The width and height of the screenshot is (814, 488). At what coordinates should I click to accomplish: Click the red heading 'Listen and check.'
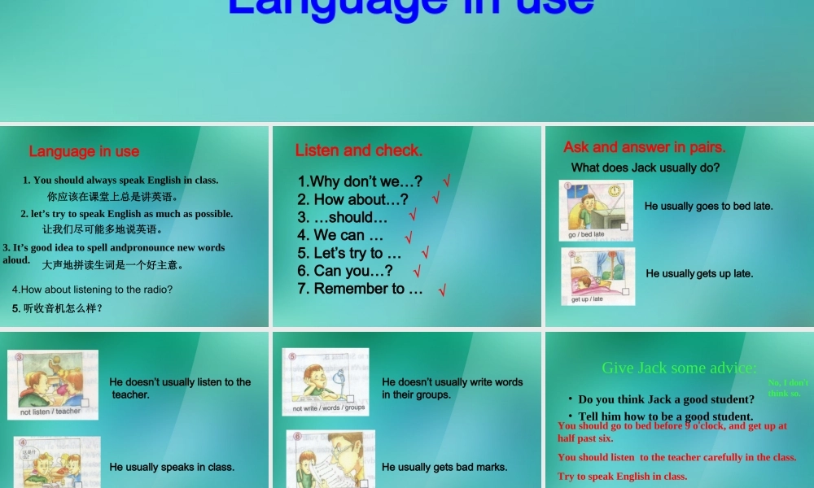click(x=359, y=150)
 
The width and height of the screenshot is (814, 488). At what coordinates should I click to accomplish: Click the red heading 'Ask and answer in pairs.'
click(x=644, y=147)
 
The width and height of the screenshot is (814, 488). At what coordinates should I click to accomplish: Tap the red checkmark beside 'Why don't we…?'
click(x=446, y=181)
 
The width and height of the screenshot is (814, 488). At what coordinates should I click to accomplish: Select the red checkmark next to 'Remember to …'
click(x=442, y=290)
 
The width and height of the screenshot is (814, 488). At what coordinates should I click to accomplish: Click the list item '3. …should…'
click(x=342, y=217)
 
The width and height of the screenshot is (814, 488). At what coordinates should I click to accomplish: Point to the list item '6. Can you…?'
click(x=345, y=271)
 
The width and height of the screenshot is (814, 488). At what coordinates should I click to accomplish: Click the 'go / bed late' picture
click(x=596, y=211)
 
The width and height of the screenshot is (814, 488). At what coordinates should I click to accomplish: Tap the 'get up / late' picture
click(x=597, y=276)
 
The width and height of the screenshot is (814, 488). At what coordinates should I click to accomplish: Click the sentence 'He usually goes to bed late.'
click(x=708, y=207)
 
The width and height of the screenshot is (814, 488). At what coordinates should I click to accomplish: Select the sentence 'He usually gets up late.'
click(x=699, y=274)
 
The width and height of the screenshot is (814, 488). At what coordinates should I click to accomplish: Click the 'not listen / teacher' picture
click(x=53, y=384)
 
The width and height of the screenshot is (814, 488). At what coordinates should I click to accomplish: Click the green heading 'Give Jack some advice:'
click(x=679, y=368)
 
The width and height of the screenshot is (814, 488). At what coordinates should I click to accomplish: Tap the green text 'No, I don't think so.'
click(x=787, y=388)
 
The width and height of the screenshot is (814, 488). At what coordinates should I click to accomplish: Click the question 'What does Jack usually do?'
click(x=646, y=168)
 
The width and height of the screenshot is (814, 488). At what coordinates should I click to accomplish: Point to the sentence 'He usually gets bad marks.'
click(x=444, y=467)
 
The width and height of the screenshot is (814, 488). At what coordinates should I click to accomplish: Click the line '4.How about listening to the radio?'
click(x=92, y=290)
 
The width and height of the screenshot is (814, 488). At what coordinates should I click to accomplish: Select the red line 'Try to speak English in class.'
click(x=622, y=477)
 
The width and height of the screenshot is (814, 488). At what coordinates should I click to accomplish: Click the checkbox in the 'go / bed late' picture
click(x=624, y=228)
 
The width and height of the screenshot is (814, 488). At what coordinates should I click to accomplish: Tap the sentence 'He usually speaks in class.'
click(x=172, y=467)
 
